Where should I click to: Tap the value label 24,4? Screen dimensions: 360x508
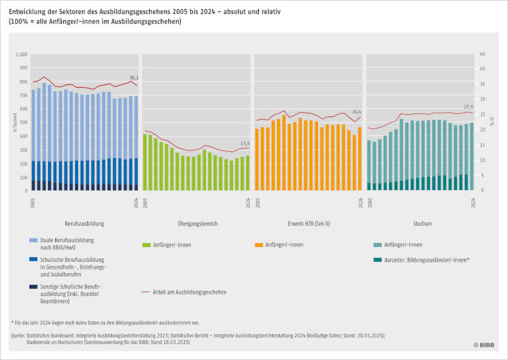tap(356, 111)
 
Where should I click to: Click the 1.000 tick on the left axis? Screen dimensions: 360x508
tap(21, 54)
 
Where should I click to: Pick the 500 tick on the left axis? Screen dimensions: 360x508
tap(23, 123)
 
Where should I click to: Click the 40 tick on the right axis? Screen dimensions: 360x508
tap(482, 54)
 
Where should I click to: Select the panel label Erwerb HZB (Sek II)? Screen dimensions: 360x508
tap(308, 224)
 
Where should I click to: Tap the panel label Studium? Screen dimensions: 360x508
tap(421, 224)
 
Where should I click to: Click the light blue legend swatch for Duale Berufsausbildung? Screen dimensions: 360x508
tap(33, 241)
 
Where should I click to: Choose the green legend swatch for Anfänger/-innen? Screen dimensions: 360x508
tap(145, 245)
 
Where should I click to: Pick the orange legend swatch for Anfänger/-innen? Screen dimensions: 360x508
tap(258, 245)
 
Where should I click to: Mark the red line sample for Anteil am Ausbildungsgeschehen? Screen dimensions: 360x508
tap(145, 292)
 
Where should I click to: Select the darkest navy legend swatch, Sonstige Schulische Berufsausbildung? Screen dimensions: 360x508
tap(33, 287)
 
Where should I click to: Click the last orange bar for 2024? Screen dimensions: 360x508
tap(360, 159)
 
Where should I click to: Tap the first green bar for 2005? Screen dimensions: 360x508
tap(145, 162)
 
